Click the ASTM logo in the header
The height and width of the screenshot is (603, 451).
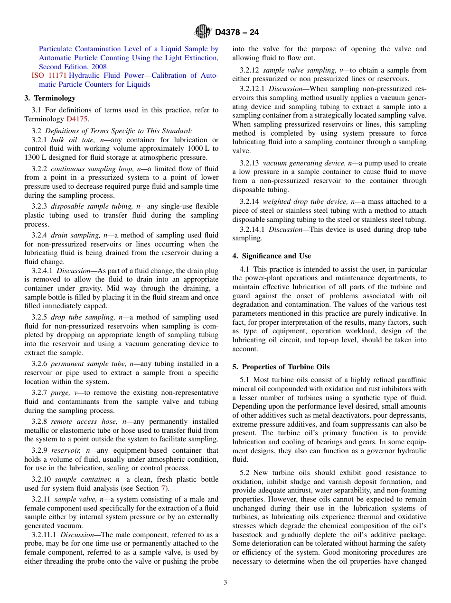(202, 32)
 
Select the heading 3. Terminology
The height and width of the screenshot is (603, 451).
(50, 98)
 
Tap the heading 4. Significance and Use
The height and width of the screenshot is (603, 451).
(272, 256)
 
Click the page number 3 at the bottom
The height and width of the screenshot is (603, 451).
(225, 582)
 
